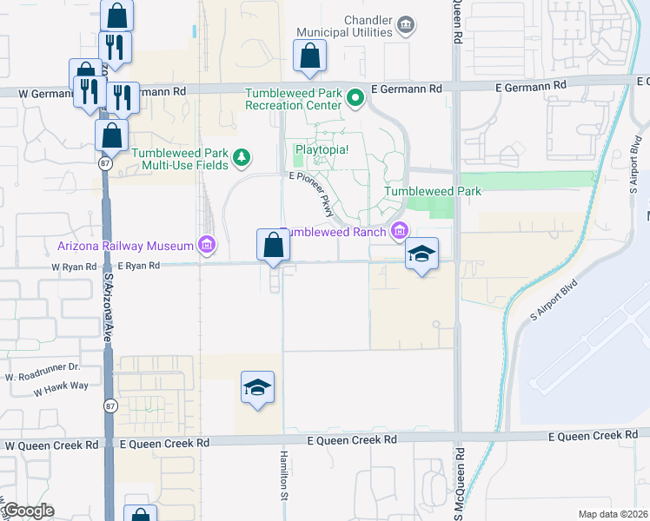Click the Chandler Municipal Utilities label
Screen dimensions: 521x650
pyautogui.click(x=344, y=26)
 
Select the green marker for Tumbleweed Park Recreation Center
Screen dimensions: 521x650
pyautogui.click(x=355, y=98)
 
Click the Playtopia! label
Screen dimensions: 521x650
pyautogui.click(x=322, y=149)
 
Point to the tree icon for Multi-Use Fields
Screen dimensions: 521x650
pyautogui.click(x=241, y=158)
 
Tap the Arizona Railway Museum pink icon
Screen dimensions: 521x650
pyautogui.click(x=206, y=246)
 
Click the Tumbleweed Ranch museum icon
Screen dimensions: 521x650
pyautogui.click(x=399, y=231)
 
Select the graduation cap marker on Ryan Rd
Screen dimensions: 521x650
pyautogui.click(x=421, y=254)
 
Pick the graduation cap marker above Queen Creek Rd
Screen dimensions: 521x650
pyautogui.click(x=257, y=387)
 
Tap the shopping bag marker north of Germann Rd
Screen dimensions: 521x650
pyautogui.click(x=309, y=56)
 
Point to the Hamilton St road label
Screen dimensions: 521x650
pyautogui.click(x=284, y=476)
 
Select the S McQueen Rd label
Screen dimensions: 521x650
pyautogui.click(x=461, y=482)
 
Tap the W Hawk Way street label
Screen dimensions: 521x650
pyautogui.click(x=62, y=390)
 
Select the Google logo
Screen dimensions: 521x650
pyautogui.click(x=29, y=511)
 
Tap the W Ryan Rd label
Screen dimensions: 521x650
pyautogui.click(x=74, y=267)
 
